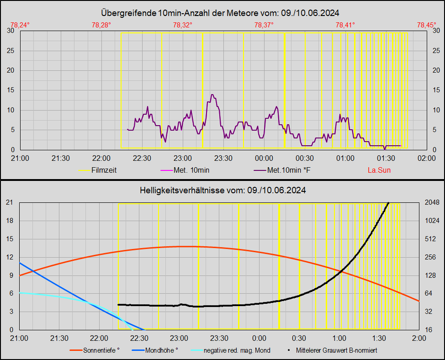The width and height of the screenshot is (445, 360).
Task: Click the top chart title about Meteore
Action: click(222, 13)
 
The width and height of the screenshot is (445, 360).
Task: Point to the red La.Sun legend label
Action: click(379, 170)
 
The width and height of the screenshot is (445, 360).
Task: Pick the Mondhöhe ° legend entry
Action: click(161, 350)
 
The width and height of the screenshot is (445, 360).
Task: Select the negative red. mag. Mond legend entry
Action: click(237, 350)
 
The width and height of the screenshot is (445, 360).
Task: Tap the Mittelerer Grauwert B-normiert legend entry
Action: click(336, 350)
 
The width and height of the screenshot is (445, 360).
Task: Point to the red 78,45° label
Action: click(426, 25)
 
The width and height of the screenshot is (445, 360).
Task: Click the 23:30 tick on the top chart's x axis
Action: click(223, 158)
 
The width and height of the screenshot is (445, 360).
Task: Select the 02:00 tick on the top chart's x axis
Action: click(426, 158)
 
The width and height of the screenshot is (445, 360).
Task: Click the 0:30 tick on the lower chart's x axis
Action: click(299, 338)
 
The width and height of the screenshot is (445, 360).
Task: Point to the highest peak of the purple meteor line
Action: click(212, 95)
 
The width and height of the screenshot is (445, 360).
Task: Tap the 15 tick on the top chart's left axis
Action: click(10, 90)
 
